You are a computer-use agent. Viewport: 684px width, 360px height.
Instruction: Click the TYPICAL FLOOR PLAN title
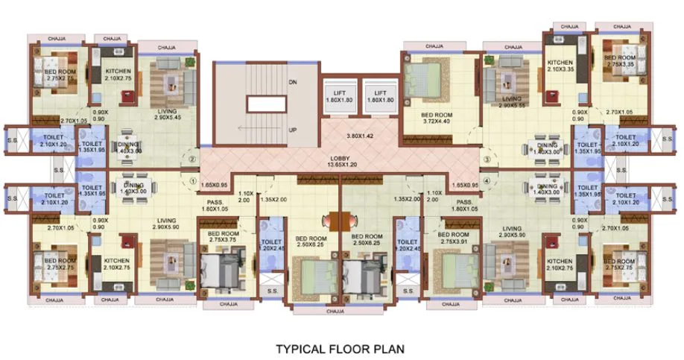point(342,348)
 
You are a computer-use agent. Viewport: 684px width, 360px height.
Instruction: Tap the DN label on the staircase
point(293,83)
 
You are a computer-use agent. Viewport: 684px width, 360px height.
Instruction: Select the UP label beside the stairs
point(293,130)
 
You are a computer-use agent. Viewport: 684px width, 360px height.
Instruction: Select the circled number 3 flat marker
point(485,159)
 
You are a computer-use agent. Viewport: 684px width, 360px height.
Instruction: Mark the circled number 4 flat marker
point(485,179)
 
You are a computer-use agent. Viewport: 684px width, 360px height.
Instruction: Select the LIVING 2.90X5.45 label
point(167,115)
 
